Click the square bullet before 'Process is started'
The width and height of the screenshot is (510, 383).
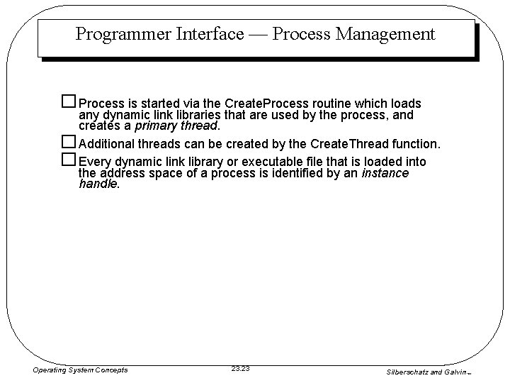[69, 103]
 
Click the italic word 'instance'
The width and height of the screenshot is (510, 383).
[385, 173]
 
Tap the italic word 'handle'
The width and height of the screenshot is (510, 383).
[98, 184]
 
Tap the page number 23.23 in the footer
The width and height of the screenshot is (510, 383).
[241, 368]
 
